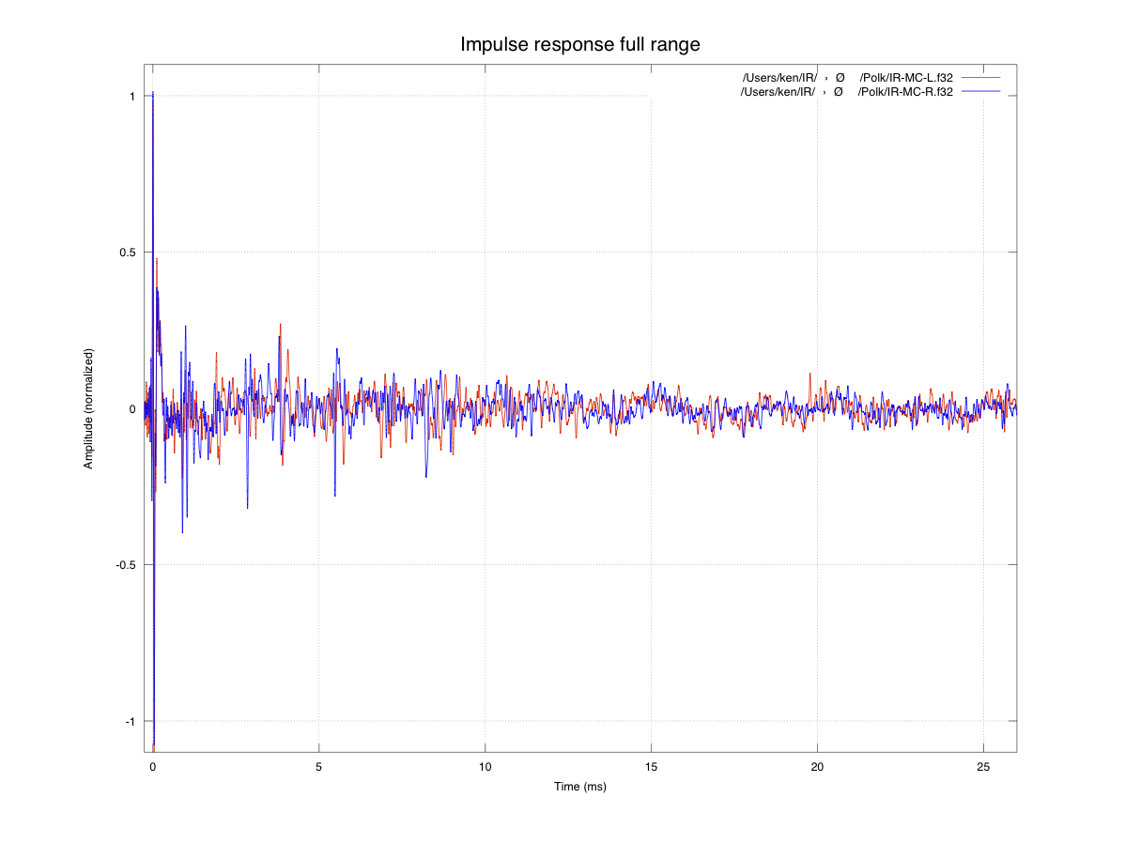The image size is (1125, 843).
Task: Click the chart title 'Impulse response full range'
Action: (579, 44)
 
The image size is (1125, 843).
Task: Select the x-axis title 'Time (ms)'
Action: (579, 786)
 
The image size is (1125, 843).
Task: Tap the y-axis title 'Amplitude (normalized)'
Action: (88, 408)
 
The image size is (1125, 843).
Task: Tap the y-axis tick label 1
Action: (132, 96)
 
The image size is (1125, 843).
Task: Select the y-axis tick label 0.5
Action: (127, 253)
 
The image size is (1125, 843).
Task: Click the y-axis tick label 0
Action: (132, 408)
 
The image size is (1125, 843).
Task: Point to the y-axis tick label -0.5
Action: (125, 564)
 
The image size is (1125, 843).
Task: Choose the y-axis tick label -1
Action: (131, 721)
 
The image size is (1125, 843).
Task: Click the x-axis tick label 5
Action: (319, 766)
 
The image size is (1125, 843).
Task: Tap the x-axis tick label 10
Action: (485, 766)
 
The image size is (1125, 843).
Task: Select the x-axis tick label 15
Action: (652, 766)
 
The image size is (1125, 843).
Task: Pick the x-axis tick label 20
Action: (817, 766)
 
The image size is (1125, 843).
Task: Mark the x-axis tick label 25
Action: (983, 766)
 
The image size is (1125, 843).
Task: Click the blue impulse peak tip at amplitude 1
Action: (153, 94)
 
